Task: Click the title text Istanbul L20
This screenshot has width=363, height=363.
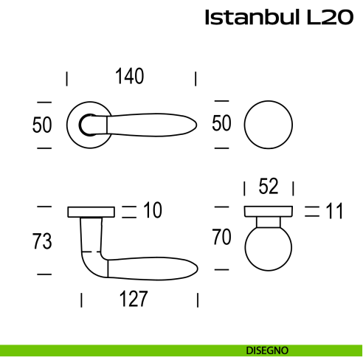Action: tap(278, 18)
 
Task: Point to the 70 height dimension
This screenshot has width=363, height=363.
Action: tap(221, 238)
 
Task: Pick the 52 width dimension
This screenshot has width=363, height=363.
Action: tap(269, 187)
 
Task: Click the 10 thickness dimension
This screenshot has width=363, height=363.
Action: tap(152, 212)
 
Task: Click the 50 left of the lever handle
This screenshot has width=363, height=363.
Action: tap(43, 125)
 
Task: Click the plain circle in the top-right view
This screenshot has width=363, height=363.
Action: tap(268, 125)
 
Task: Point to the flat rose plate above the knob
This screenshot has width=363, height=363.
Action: tap(269, 212)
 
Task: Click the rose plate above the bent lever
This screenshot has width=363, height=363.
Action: tap(91, 212)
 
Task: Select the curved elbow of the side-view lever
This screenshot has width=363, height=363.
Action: tap(91, 263)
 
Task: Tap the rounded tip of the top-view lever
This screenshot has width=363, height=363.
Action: tap(194, 125)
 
